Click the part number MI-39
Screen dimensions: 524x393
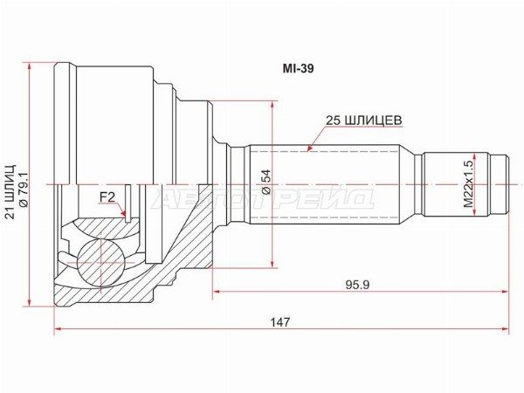[298, 69]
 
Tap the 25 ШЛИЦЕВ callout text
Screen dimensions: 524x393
[363, 121]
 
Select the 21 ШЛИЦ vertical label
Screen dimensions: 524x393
[11, 191]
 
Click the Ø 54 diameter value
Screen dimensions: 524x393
[267, 182]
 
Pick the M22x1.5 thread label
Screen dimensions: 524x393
[468, 184]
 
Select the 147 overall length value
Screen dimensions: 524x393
[280, 322]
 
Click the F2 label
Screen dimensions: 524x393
[107, 197]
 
